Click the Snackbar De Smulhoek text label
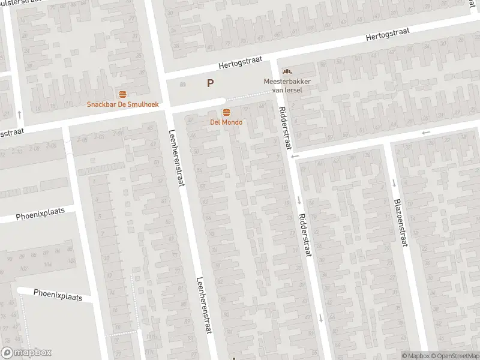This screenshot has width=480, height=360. (122, 104)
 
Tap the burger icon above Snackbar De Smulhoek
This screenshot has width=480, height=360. (122, 94)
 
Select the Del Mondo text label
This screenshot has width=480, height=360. (226, 122)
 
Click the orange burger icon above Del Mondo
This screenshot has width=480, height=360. (226, 112)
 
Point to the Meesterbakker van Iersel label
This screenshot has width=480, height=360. (283, 85)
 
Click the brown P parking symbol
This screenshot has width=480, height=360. (210, 83)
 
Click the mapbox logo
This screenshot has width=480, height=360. (26, 353)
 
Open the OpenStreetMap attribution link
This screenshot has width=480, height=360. (454, 356)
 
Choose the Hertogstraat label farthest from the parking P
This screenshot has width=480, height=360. (391, 37)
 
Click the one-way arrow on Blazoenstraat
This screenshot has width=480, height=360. (395, 183)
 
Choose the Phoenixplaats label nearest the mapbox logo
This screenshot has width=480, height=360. (58, 295)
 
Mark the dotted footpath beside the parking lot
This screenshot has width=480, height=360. (246, 96)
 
